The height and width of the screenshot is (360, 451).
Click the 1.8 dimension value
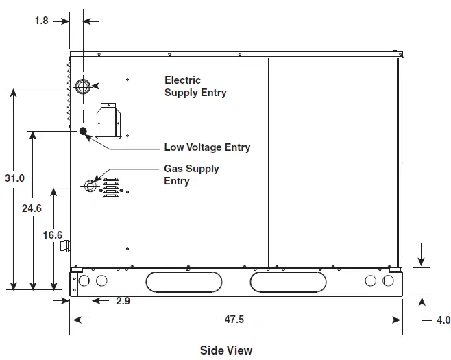coord(41,21)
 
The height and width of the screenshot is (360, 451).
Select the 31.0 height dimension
coord(14,178)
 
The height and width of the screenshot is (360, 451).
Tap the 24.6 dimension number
coord(32,208)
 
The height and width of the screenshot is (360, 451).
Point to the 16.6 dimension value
coord(53,235)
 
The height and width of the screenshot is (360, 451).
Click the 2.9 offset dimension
coord(123,301)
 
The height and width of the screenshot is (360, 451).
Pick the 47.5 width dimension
coord(234,320)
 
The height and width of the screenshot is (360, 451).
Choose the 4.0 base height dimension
coord(443,320)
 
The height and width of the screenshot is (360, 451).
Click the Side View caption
coord(226,350)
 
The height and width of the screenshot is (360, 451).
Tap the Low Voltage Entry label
coord(207,147)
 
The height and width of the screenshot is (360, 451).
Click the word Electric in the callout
coord(182,80)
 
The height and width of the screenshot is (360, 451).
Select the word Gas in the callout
coord(173,169)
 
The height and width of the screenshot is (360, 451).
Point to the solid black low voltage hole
coord(83,131)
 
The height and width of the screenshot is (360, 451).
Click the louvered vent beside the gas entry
coord(111,188)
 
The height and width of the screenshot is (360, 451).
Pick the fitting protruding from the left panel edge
coord(65,246)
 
